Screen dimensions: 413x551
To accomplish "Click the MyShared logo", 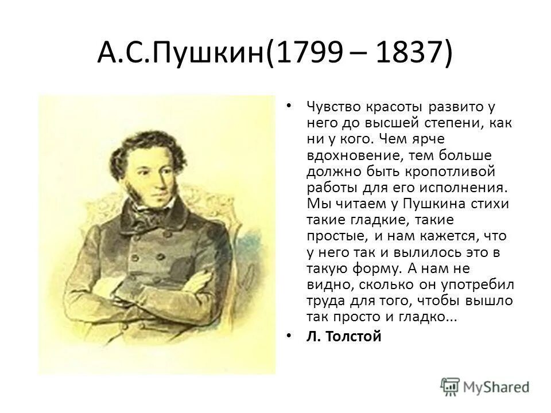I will click(485, 386).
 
